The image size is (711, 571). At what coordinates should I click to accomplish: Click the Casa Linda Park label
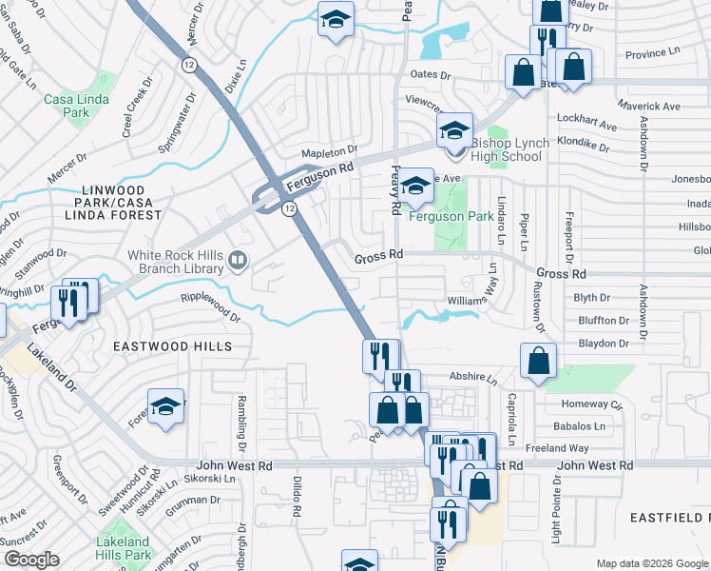[66, 106]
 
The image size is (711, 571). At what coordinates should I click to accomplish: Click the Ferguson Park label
[451, 216]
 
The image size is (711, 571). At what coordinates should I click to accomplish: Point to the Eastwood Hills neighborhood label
[172, 347]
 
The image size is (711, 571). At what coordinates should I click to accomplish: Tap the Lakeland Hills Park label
[124, 548]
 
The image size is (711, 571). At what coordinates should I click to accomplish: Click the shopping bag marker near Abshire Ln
[538, 362]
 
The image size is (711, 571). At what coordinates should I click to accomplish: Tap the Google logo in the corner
[30, 560]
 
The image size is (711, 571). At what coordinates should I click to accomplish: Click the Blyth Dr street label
[591, 298]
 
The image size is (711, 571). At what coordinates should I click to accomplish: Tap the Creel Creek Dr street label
[138, 110]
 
